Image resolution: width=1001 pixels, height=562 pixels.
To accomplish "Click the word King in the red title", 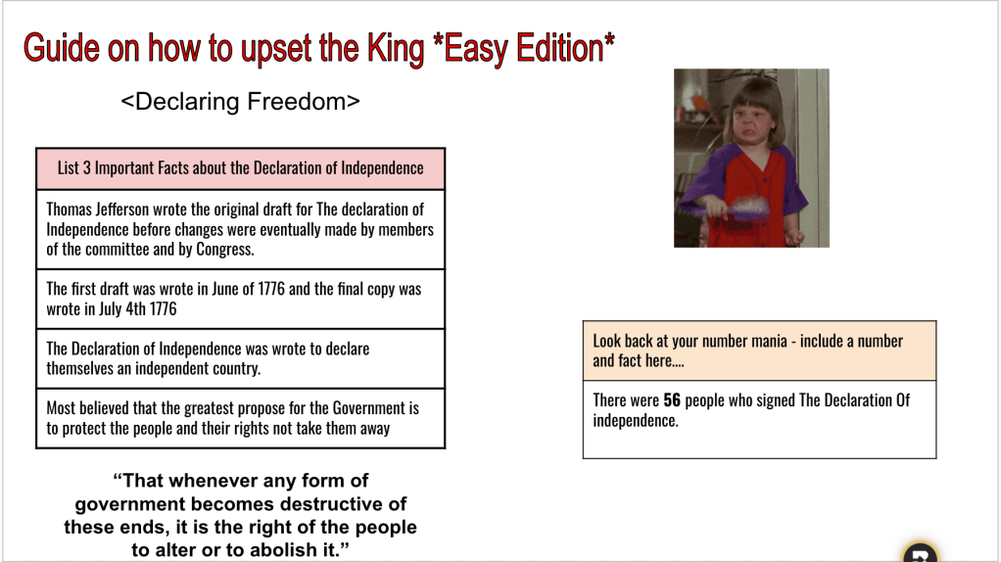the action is (x=395, y=49).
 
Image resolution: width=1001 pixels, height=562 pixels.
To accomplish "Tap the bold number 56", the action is (x=672, y=400).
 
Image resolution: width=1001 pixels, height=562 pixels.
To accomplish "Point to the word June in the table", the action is (x=224, y=289).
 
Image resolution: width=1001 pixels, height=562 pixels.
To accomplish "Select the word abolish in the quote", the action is (x=283, y=550).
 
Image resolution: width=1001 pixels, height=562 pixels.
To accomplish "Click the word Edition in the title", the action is (x=560, y=49).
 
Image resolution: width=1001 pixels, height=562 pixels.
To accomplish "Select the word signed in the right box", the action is (x=775, y=400).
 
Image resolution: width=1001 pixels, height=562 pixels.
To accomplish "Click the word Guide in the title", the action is (x=62, y=49).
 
